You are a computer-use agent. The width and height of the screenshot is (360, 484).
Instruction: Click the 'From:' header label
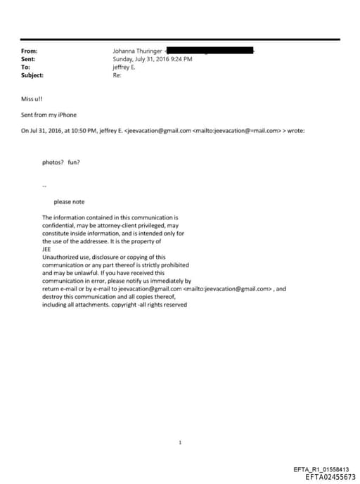click(29, 51)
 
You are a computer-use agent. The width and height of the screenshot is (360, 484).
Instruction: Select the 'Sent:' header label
click(28, 59)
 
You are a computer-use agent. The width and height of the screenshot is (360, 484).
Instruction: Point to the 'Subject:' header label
click(32, 75)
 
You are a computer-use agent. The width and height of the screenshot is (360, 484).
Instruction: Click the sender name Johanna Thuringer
click(138, 51)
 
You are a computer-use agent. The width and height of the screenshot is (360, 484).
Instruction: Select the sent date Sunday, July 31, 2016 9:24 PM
click(153, 59)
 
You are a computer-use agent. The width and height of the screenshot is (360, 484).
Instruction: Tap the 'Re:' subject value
click(117, 75)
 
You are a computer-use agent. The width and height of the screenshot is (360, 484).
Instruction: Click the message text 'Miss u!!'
click(32, 98)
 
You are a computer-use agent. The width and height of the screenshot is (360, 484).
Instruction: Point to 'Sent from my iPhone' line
click(49, 114)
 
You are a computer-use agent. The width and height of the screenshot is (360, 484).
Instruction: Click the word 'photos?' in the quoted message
click(53, 162)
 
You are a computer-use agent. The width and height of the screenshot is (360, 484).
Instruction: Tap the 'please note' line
click(69, 202)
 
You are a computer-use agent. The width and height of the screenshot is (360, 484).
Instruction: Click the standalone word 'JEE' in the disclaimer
click(46, 249)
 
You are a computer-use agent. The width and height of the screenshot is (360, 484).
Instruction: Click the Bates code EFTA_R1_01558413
click(325, 469)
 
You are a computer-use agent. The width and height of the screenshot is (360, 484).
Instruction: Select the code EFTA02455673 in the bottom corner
click(330, 477)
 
